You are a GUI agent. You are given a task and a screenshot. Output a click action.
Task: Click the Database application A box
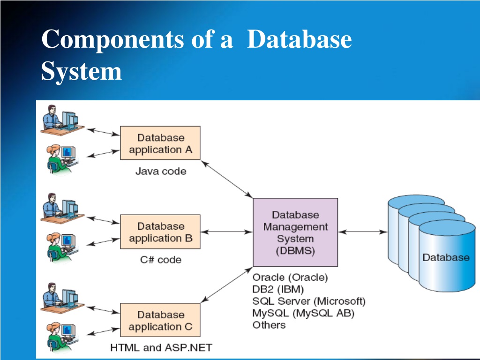point(160,143)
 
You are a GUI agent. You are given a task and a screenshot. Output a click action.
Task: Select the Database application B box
point(160,232)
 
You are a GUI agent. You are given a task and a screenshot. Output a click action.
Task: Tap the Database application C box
point(160,320)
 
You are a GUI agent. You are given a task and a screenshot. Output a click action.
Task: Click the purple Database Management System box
point(295,232)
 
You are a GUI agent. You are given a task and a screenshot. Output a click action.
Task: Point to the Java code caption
point(161,171)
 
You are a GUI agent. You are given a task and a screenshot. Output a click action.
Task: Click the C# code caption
point(161,260)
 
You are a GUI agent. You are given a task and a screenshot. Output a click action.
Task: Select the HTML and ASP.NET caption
point(161,348)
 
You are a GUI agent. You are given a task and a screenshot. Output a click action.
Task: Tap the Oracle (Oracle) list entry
point(290,277)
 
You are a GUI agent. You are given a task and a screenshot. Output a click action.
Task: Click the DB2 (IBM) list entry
point(278,289)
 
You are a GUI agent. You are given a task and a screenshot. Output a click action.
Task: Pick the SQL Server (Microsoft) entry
point(309,301)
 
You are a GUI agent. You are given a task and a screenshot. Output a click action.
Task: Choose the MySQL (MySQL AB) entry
point(303,313)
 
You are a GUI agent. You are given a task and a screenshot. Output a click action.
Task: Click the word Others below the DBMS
point(269,325)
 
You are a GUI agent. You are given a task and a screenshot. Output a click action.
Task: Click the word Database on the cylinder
point(446,257)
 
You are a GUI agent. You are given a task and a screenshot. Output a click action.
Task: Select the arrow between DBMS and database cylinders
point(363,232)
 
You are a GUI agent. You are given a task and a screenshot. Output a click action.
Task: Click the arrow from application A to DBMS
point(227,180)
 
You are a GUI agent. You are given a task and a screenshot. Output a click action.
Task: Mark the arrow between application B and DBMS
point(227,232)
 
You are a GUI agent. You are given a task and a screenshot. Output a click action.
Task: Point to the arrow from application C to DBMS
point(227,285)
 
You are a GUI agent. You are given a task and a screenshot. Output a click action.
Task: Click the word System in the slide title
point(82,71)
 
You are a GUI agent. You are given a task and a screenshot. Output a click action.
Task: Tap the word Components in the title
point(112,40)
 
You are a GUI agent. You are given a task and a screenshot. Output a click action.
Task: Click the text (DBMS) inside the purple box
point(295,251)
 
